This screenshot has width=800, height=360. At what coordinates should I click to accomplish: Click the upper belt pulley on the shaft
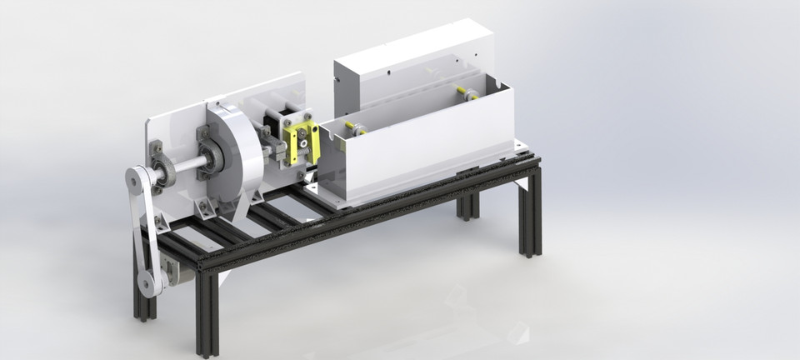(x=137, y=180)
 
